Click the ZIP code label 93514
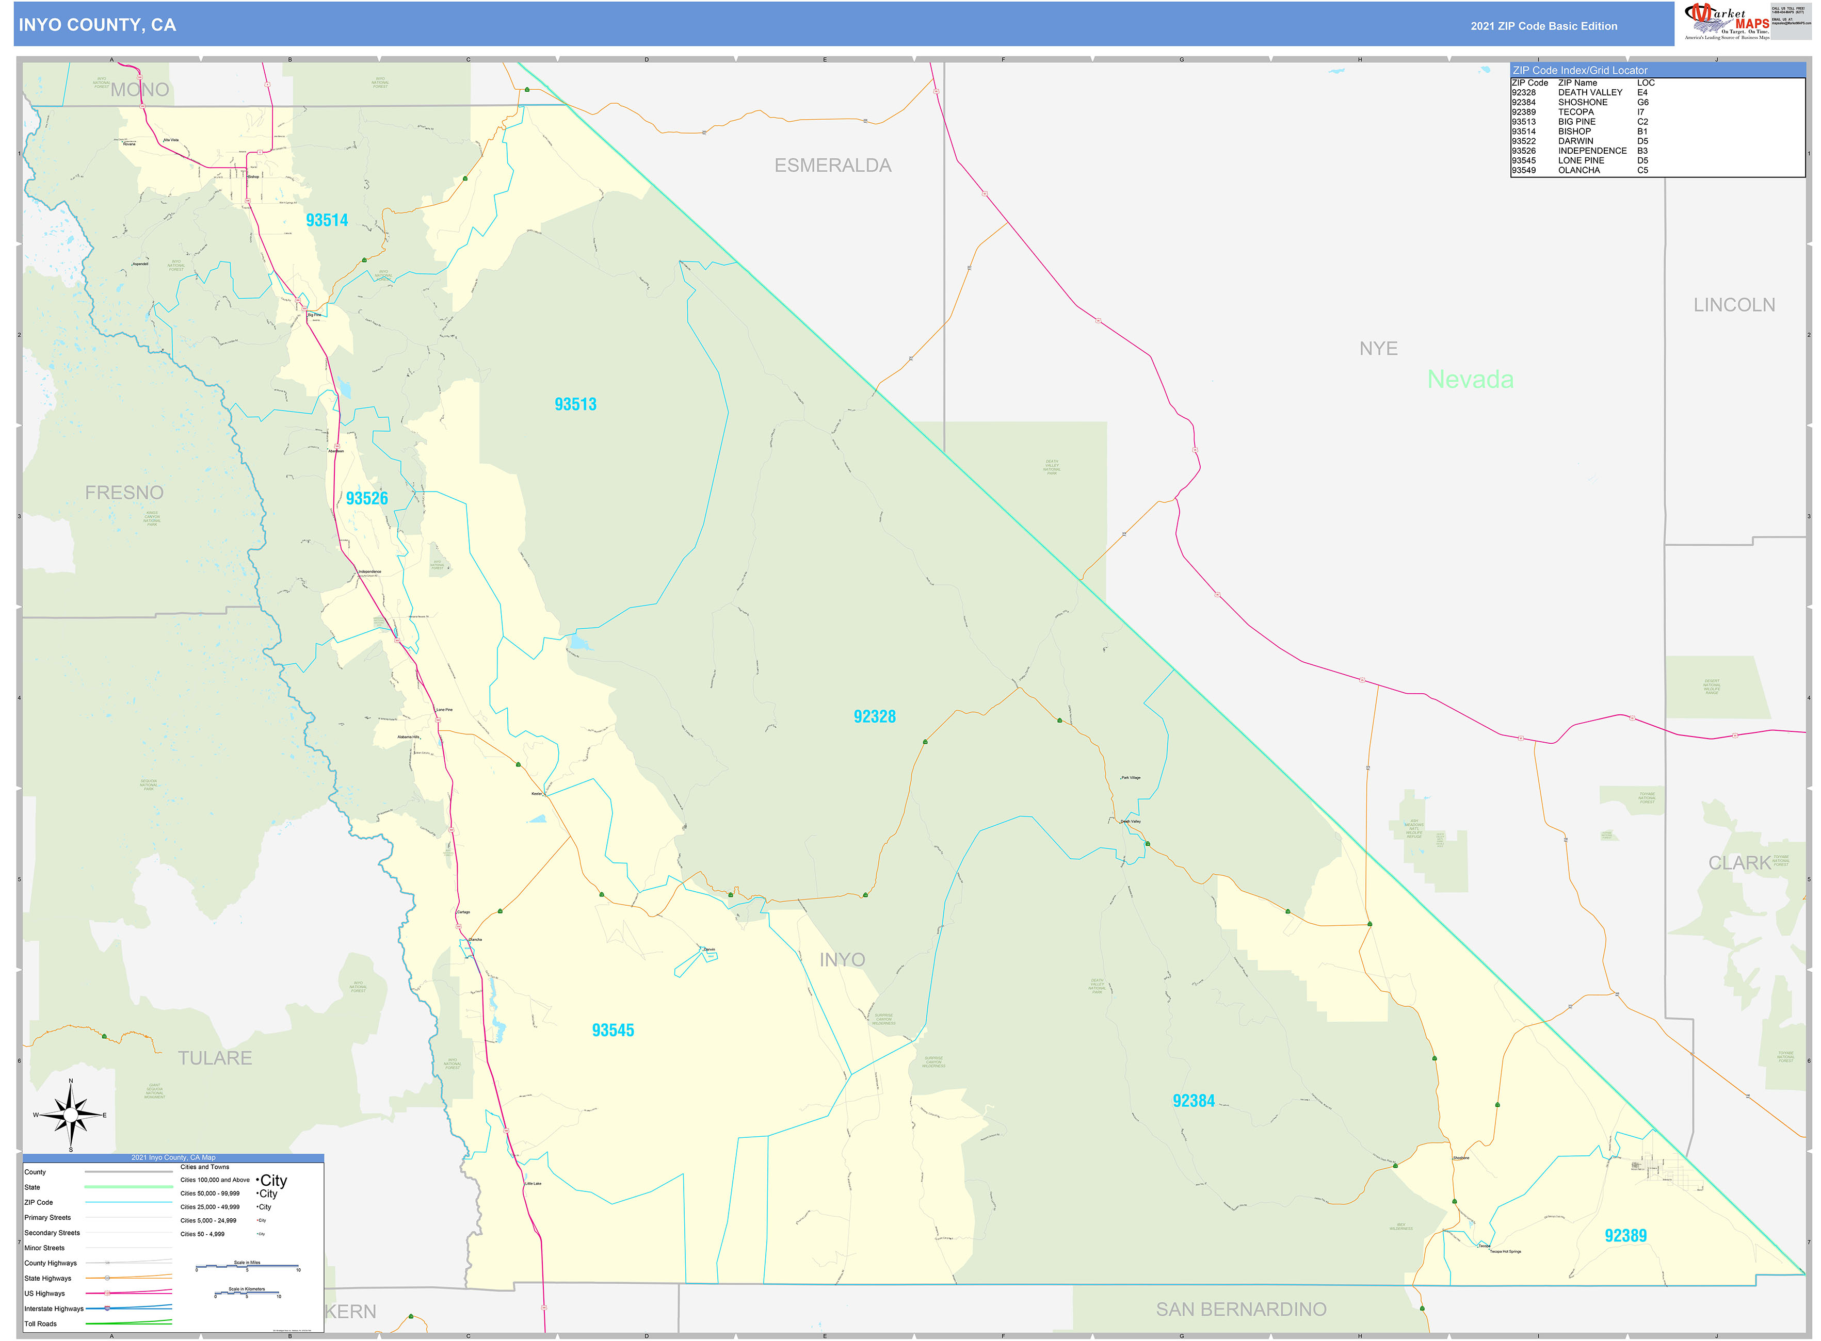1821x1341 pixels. tap(327, 220)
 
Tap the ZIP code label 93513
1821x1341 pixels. tap(575, 404)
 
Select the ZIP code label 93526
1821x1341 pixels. tap(366, 498)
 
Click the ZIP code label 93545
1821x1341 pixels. tap(613, 1030)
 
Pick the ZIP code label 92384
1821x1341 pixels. tap(1193, 1101)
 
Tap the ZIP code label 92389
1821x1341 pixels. tap(1625, 1235)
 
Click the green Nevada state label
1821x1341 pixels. tap(1470, 379)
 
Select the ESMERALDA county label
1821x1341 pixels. tap(832, 166)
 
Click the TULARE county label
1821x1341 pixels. tap(215, 1058)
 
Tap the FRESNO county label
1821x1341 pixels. tap(124, 493)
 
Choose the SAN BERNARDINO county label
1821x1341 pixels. tap(1241, 1310)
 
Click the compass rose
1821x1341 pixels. tap(71, 1115)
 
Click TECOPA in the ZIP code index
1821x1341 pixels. tap(1576, 112)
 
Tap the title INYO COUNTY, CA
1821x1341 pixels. tap(98, 25)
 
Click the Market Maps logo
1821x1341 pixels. tap(1728, 21)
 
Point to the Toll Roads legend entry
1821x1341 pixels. tap(41, 1324)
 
